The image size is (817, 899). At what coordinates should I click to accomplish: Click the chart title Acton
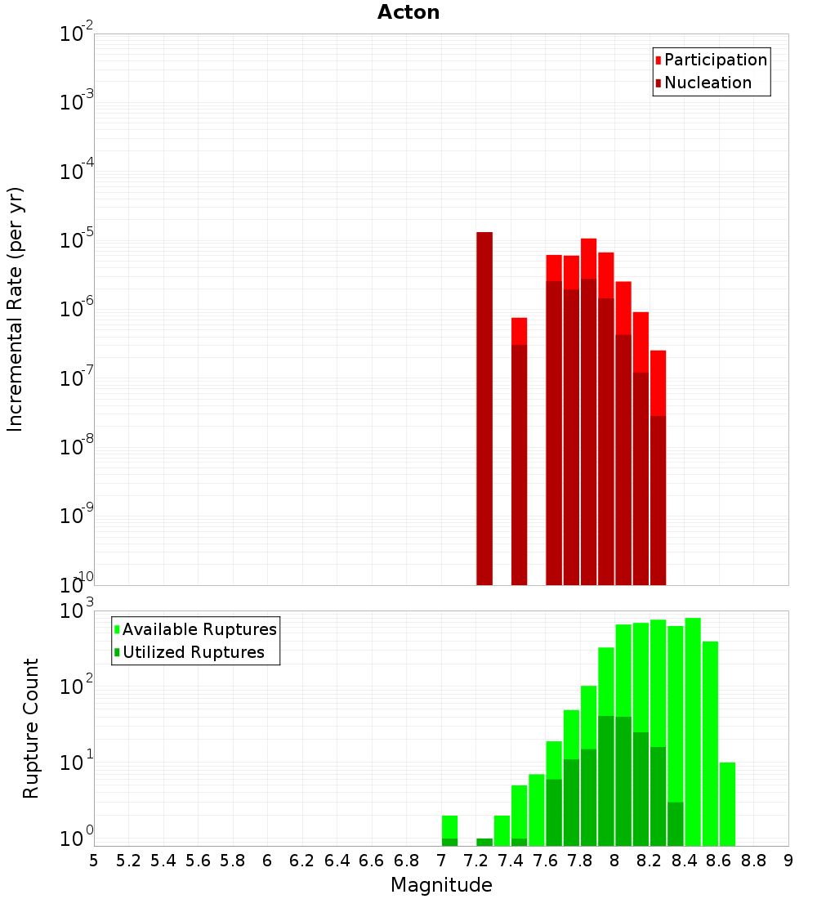pos(408,12)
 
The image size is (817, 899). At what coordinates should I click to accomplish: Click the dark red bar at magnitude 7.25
pos(484,409)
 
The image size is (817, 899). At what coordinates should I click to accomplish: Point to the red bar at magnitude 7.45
pos(519,331)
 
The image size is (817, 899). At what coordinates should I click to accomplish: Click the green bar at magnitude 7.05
pos(449,827)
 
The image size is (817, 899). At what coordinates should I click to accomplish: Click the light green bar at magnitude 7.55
pos(537,809)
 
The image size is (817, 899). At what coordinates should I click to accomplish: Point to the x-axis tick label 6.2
pos(301,861)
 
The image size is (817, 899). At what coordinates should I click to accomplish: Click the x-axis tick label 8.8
pos(753,861)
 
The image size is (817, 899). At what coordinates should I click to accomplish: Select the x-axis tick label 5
pos(94,861)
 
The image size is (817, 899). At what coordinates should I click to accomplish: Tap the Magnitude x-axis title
pos(441,885)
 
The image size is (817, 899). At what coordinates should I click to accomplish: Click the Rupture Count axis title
pos(31,727)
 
